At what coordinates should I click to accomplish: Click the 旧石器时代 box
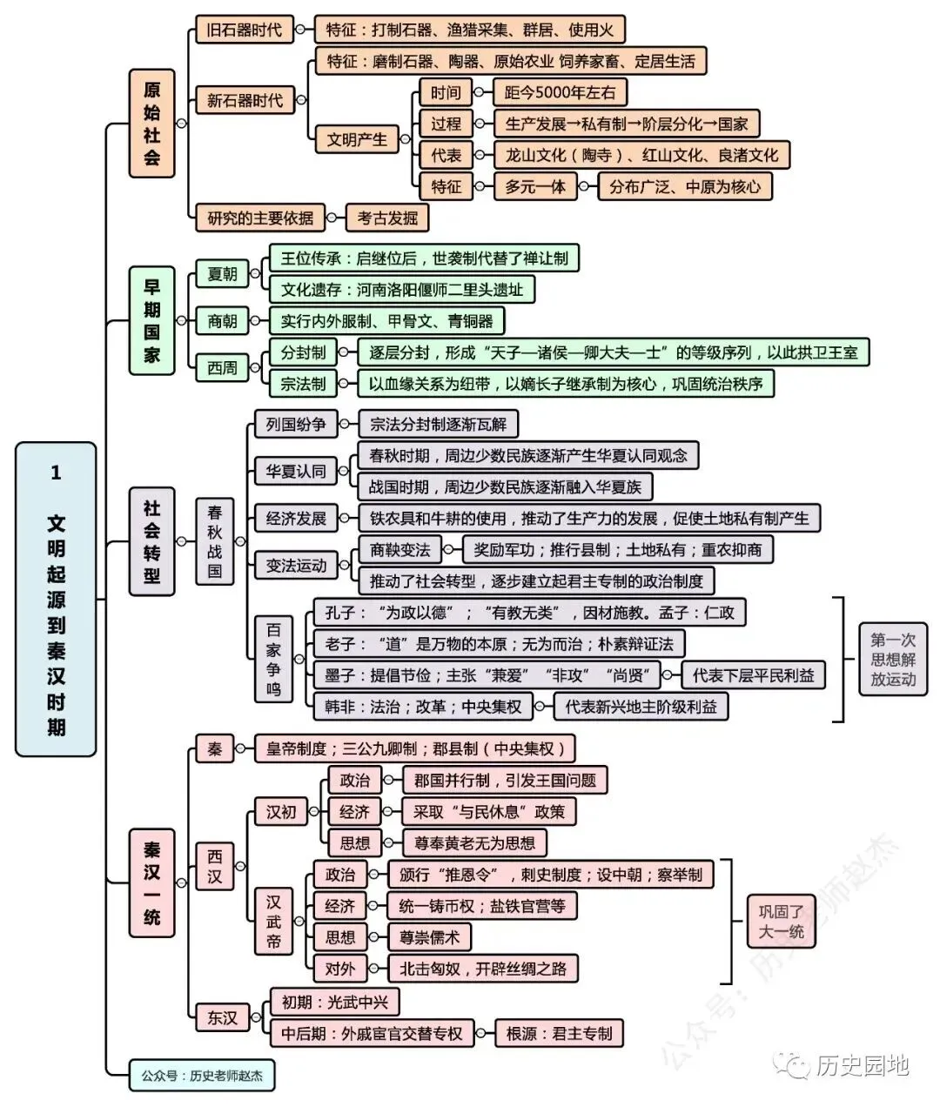(245, 30)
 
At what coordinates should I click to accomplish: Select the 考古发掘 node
(387, 218)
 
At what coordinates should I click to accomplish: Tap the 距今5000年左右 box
(560, 92)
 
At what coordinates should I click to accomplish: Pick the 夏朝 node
(222, 274)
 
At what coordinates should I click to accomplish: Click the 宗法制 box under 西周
(303, 384)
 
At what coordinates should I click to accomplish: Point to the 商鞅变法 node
(400, 549)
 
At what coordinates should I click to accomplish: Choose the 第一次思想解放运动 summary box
(893, 660)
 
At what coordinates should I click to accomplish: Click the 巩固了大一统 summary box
(782, 922)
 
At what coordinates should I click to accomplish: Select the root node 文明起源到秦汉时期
(56, 600)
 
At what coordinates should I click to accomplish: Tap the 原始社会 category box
(152, 124)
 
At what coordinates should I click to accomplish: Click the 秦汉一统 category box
(152, 883)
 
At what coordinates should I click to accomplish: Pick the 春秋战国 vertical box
(215, 541)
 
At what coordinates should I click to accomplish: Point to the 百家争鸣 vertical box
(273, 659)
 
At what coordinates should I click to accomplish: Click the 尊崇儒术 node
(430, 937)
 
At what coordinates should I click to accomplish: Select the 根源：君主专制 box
(559, 1033)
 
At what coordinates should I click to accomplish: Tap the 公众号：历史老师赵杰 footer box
(202, 1076)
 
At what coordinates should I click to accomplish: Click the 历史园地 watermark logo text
(863, 1065)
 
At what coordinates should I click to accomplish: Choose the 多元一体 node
(535, 186)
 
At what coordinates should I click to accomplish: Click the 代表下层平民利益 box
(753, 675)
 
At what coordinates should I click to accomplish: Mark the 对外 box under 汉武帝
(340, 969)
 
